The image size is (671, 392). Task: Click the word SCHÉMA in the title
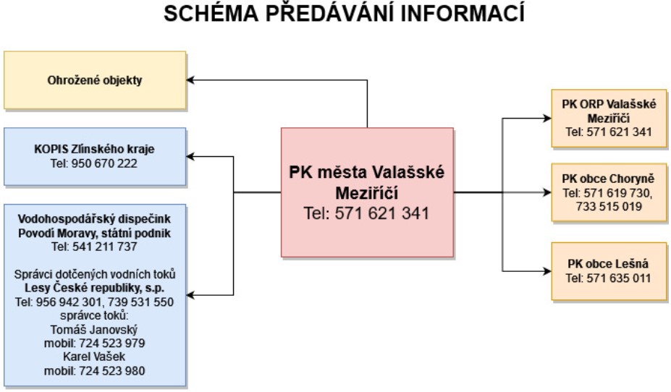coord(211,13)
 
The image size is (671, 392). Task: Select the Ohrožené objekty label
coord(95,80)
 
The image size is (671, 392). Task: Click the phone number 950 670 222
coord(104,163)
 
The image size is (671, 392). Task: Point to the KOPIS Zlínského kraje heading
coord(94,149)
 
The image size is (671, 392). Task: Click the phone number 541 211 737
coord(104,247)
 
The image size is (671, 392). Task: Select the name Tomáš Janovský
coord(94,330)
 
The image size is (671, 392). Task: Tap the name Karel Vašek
coord(94,357)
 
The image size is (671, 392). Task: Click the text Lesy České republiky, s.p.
coord(94,288)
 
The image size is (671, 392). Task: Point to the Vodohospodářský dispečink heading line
coord(94,219)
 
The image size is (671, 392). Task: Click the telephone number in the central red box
coord(381,213)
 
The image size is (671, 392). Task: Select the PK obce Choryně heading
coord(608,179)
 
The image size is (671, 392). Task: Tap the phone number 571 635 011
coord(618,278)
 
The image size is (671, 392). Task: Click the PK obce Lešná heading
coord(608,264)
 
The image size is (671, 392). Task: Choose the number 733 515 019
coord(609,206)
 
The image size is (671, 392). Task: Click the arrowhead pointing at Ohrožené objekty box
coord(190,80)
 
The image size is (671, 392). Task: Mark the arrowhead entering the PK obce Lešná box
coord(547,271)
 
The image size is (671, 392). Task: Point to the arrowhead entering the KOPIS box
coord(190,156)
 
